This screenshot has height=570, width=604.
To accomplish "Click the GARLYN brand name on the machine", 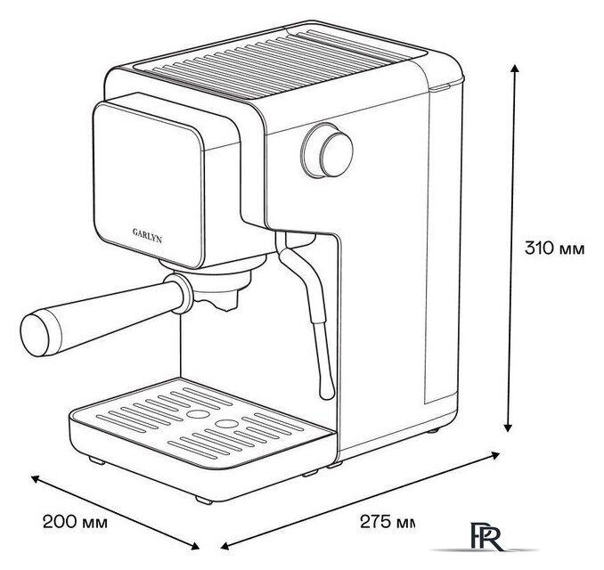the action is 147,236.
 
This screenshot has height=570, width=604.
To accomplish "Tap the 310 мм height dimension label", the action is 554,248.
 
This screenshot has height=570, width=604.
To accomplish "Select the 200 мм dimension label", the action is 75,523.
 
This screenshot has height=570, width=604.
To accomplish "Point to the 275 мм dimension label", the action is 388,522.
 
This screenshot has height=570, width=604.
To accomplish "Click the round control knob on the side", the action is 328,151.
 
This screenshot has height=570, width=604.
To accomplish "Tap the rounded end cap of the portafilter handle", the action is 36,334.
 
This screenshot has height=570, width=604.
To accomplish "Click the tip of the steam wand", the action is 328,394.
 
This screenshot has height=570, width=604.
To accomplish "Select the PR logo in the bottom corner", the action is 486,536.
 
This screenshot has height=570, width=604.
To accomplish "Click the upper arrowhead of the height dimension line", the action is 515,69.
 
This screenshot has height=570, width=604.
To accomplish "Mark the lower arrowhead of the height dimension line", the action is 508,427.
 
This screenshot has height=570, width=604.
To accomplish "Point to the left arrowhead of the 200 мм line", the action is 36,478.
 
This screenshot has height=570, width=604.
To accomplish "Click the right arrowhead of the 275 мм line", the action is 495,455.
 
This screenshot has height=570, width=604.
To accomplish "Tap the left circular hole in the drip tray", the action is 198,413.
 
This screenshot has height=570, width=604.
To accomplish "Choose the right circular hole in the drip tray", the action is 226,423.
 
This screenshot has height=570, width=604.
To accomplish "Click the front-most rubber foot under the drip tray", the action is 204,500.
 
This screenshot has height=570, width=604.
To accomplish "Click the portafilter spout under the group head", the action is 224,303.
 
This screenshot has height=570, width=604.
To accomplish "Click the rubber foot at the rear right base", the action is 433,430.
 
